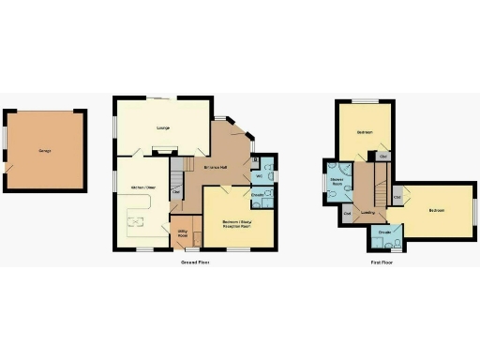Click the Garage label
(x=44, y=150)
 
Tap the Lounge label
(x=161, y=127)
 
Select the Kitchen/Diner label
(x=142, y=187)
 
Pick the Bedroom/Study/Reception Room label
(x=240, y=223)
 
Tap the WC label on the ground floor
(x=259, y=175)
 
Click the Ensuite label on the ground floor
(x=258, y=195)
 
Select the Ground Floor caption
(x=195, y=262)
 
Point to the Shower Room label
(x=337, y=183)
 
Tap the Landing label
(x=368, y=213)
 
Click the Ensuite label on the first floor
(x=384, y=231)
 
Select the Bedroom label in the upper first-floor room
(x=365, y=133)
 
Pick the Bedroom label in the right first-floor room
(x=437, y=210)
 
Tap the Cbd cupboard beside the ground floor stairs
(x=176, y=193)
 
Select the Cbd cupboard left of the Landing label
(x=347, y=214)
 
